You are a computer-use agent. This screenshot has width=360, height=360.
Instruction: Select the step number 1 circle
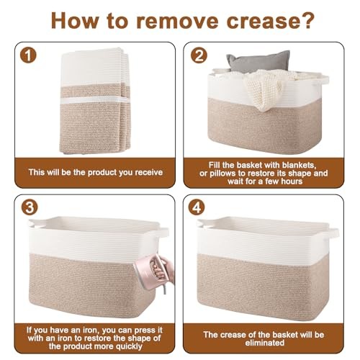28,55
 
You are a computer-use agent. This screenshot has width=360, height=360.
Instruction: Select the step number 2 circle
199,55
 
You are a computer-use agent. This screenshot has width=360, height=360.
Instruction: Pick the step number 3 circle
30,207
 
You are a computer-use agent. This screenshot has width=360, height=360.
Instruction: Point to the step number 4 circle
197,207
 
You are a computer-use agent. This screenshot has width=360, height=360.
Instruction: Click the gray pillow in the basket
258,61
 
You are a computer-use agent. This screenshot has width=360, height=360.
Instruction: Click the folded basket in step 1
95,101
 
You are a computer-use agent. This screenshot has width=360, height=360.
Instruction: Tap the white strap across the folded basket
94,99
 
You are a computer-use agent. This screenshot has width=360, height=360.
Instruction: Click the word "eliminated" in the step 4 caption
265,343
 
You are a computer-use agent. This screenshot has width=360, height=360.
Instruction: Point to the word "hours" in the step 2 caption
291,181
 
